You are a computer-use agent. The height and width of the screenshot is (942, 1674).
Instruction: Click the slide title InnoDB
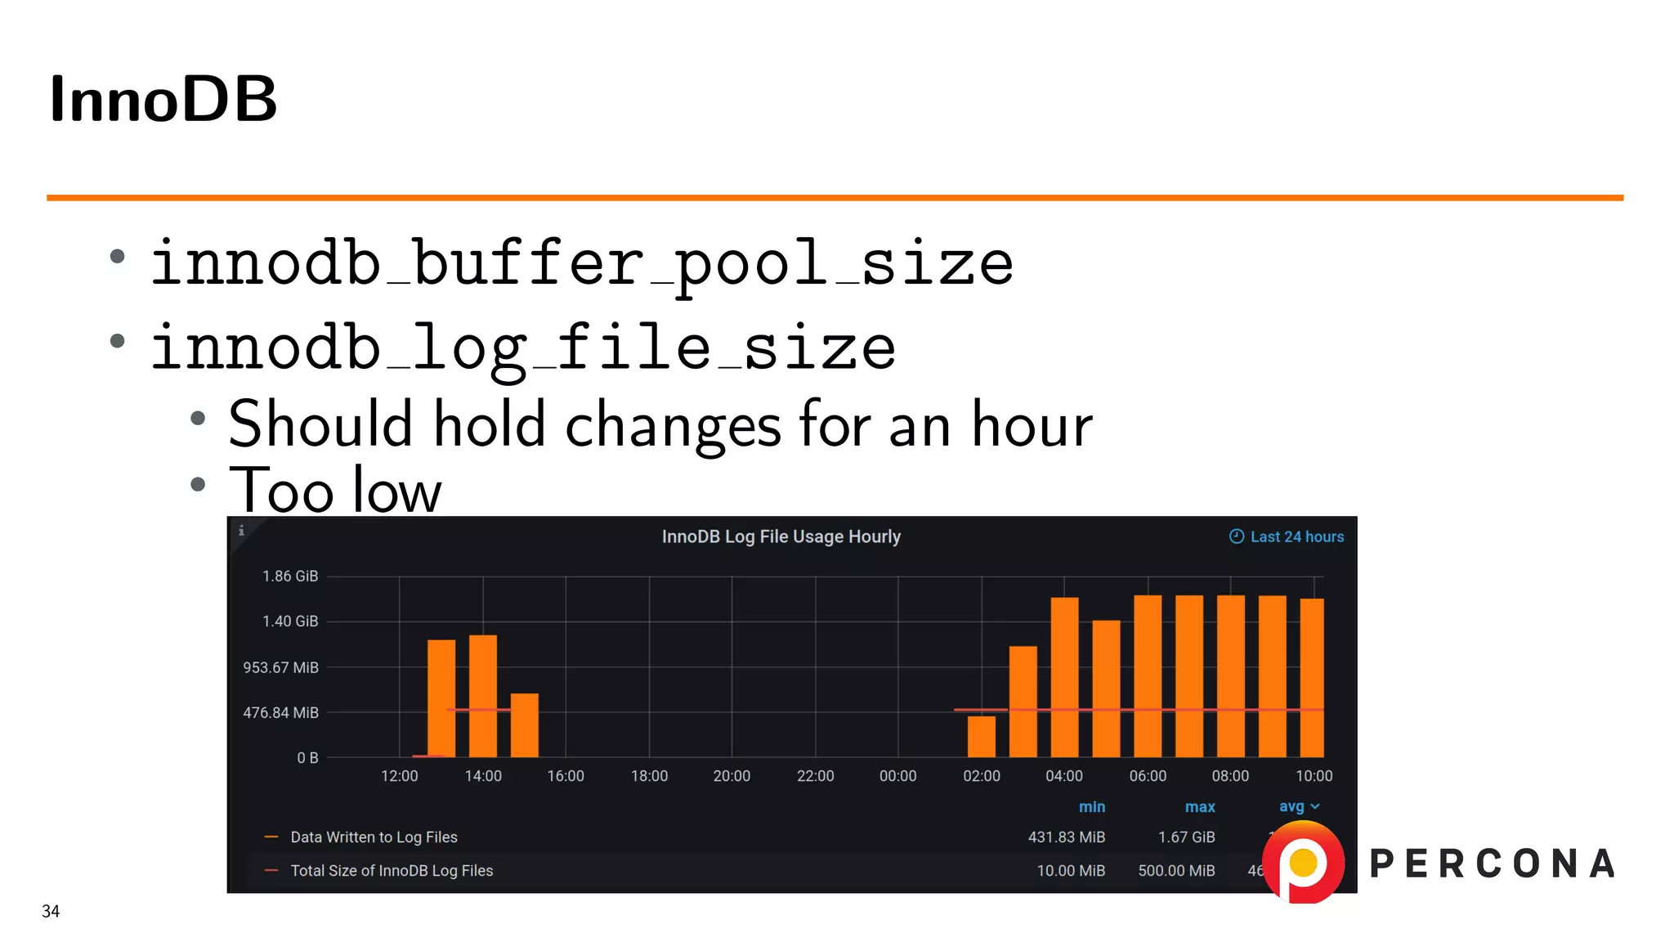point(163,100)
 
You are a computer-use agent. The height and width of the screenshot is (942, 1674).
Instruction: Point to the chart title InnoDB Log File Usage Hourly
point(781,537)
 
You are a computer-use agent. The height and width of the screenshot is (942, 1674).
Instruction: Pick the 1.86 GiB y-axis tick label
point(290,576)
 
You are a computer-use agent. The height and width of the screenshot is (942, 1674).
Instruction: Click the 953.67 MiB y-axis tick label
point(280,667)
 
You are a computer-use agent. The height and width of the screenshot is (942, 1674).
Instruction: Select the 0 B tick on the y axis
point(307,758)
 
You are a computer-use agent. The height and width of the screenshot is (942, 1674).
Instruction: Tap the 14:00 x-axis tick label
point(483,776)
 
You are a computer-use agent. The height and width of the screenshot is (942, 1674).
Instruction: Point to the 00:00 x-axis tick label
point(897,776)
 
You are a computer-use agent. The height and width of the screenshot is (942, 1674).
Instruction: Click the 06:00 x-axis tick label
point(1148,776)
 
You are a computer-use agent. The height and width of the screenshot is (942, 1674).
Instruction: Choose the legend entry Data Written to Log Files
point(374,837)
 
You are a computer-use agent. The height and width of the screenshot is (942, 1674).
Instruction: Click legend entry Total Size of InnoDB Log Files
point(392,871)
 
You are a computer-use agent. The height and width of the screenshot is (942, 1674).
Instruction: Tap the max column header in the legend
point(1200,807)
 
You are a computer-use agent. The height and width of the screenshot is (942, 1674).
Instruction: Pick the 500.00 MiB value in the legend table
point(1176,871)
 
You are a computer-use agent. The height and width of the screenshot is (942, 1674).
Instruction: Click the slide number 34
point(51,911)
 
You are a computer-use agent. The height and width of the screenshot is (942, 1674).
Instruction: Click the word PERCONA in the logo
point(1493,864)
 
